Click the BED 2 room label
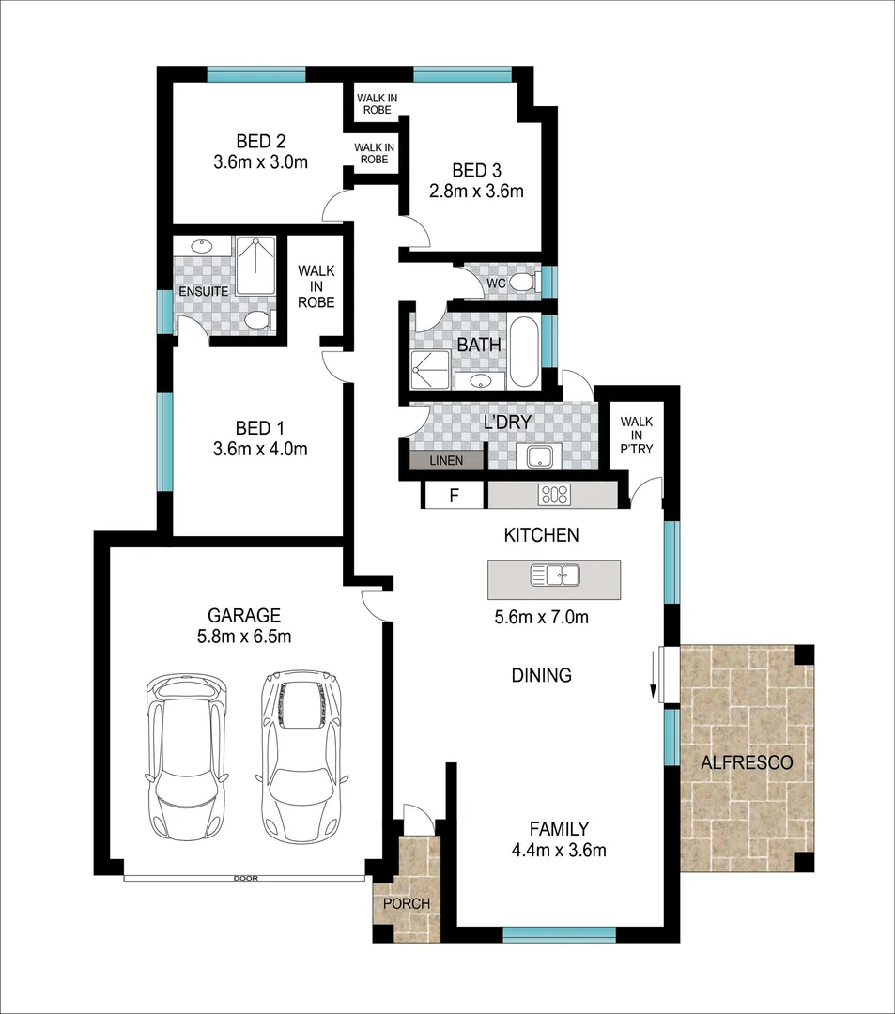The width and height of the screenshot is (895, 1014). click(260, 142)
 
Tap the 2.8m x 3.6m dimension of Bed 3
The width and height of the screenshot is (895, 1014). click(475, 191)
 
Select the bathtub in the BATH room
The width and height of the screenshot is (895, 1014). click(524, 353)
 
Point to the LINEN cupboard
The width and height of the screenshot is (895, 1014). click(446, 461)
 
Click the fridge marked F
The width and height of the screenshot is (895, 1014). click(454, 496)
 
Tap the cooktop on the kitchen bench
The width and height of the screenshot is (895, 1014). click(553, 495)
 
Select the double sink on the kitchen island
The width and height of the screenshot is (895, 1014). click(555, 574)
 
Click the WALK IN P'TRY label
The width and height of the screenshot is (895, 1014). click(636, 436)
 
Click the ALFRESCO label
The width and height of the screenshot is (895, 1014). click(747, 762)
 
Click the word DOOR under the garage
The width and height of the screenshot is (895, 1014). click(246, 879)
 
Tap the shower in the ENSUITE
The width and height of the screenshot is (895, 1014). click(255, 266)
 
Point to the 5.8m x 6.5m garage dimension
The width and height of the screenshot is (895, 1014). click(244, 637)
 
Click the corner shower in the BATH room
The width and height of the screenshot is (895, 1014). click(429, 370)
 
